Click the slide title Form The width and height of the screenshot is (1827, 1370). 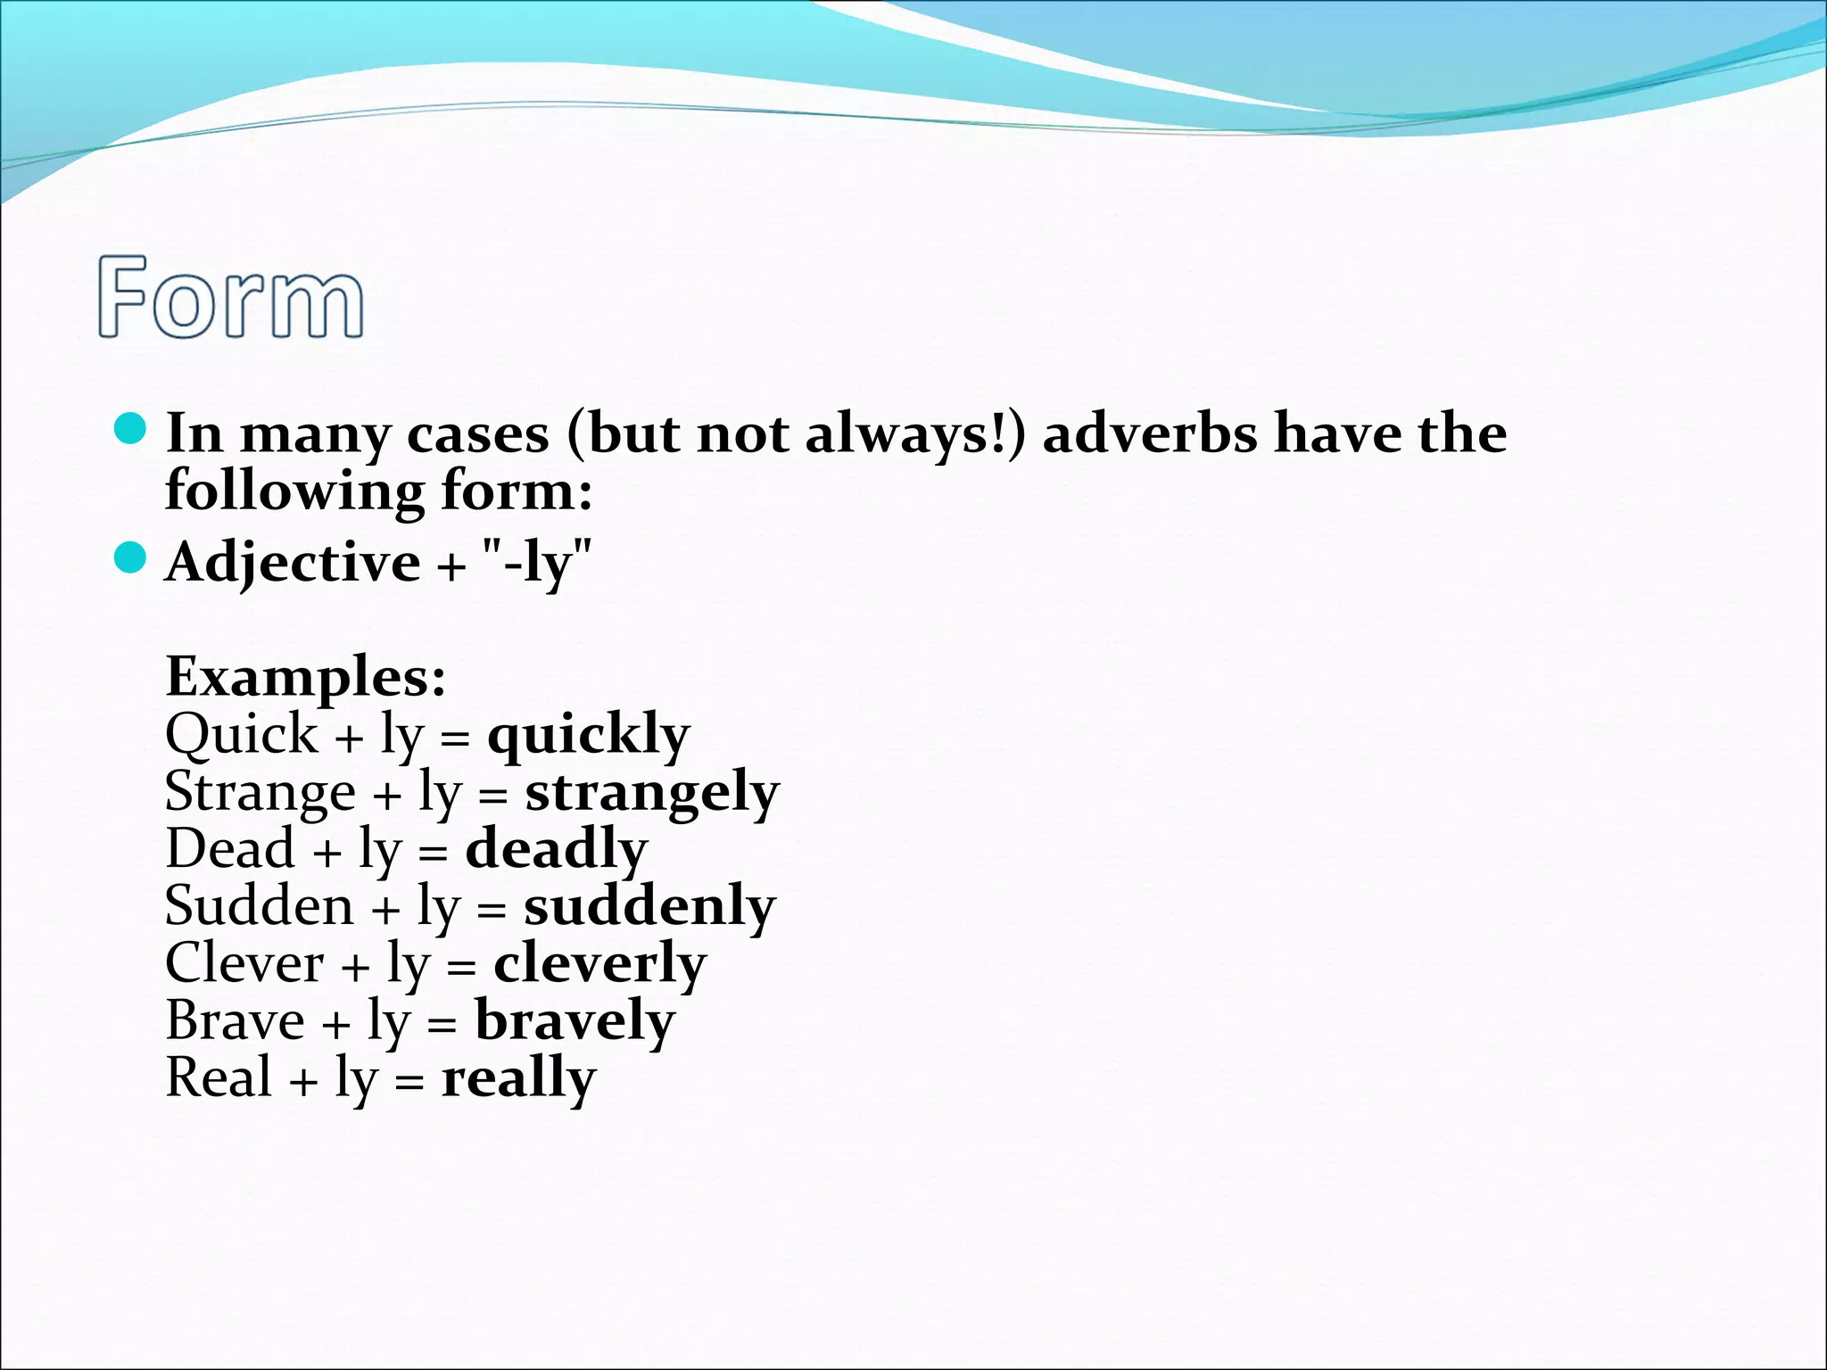(x=231, y=297)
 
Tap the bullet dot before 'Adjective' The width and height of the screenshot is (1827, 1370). (x=130, y=558)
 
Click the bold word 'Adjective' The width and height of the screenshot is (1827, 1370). (x=293, y=563)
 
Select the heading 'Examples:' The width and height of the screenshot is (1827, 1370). (x=306, y=678)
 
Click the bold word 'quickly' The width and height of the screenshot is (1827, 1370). (x=589, y=736)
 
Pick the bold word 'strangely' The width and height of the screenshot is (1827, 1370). (x=652, y=793)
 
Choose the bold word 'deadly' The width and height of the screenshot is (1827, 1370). (x=557, y=850)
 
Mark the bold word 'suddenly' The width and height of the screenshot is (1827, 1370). (x=649, y=907)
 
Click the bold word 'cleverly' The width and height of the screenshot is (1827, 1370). (x=599, y=964)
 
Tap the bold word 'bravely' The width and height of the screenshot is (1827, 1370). (x=575, y=1021)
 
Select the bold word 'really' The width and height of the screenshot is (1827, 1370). (x=518, y=1078)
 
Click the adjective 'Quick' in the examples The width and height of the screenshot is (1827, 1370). (x=241, y=736)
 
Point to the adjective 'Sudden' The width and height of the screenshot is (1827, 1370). (x=260, y=907)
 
